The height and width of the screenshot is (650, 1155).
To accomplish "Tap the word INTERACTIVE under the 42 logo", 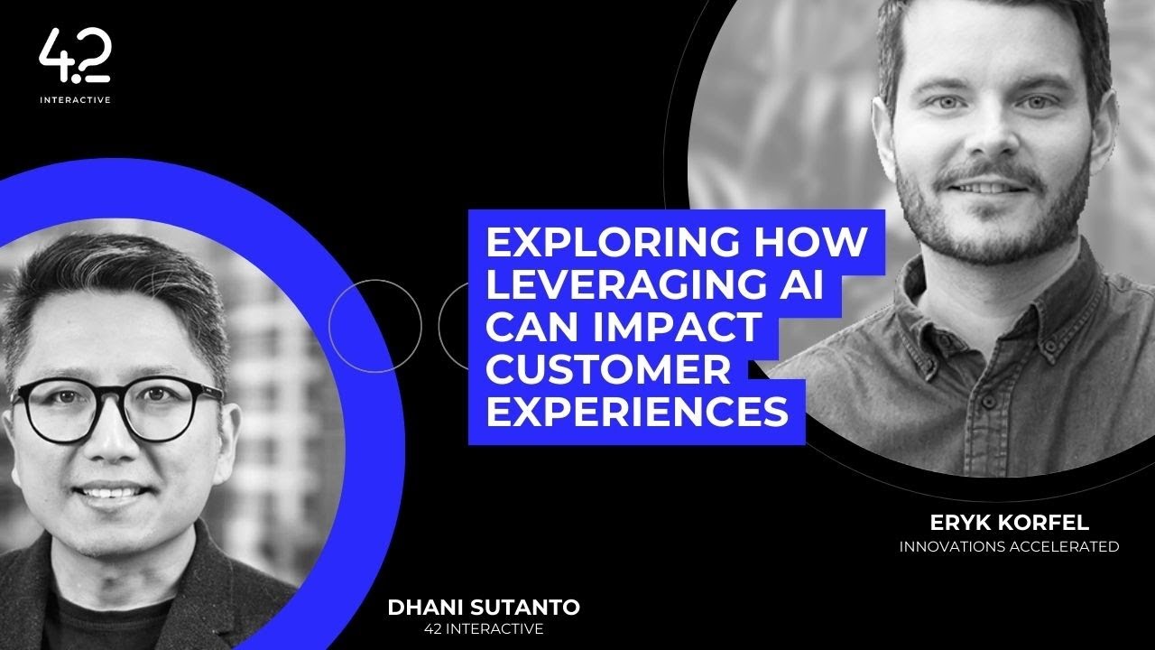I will click(75, 100).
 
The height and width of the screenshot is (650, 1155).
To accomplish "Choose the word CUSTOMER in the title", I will click(607, 370).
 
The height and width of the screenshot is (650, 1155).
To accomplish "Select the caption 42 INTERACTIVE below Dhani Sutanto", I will click(485, 629).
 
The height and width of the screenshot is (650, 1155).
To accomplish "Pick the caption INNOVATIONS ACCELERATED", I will click(1009, 546).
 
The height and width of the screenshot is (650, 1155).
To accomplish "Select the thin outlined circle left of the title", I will click(375, 326).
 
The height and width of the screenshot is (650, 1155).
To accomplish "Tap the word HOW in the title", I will click(815, 245).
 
